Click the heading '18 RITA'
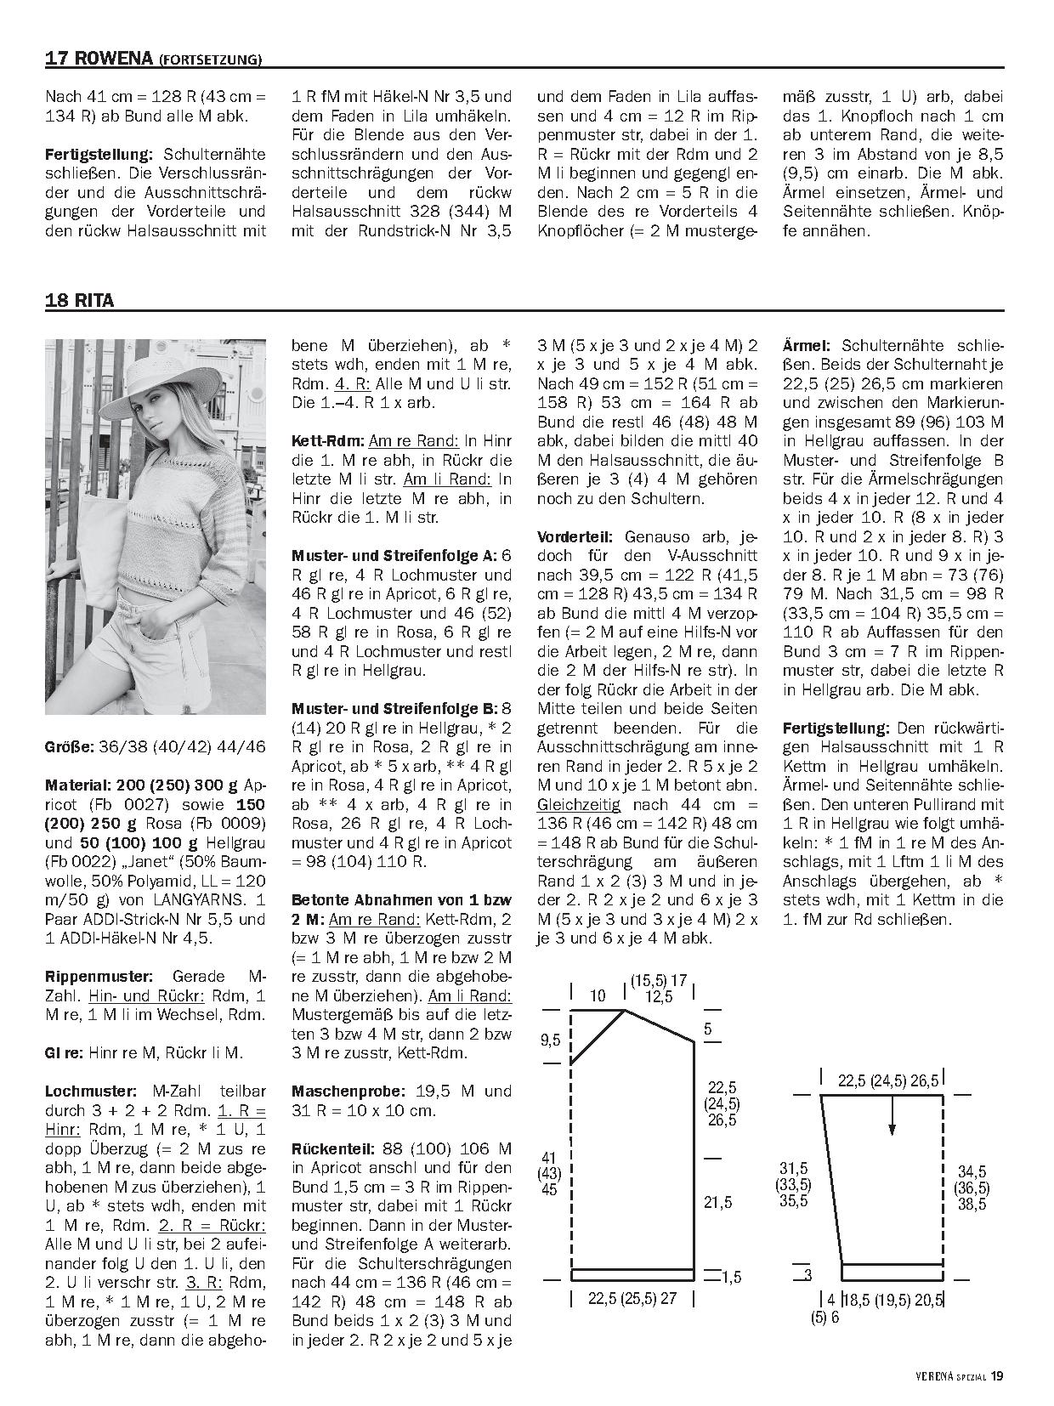[x=80, y=300]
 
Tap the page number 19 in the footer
[x=997, y=1375]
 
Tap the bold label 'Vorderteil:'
[x=575, y=536]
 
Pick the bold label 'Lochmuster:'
[x=89, y=1091]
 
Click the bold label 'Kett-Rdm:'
[x=327, y=441]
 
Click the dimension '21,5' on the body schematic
[x=717, y=1202]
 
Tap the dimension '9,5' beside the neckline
[x=549, y=1040]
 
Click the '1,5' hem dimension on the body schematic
[x=732, y=1277]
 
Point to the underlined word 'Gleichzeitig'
[x=578, y=804]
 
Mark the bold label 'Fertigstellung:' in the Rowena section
[x=98, y=155]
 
